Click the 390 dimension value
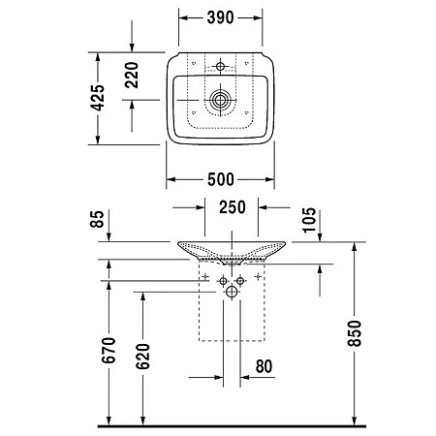(x=222, y=18)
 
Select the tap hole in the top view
(x=221, y=66)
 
